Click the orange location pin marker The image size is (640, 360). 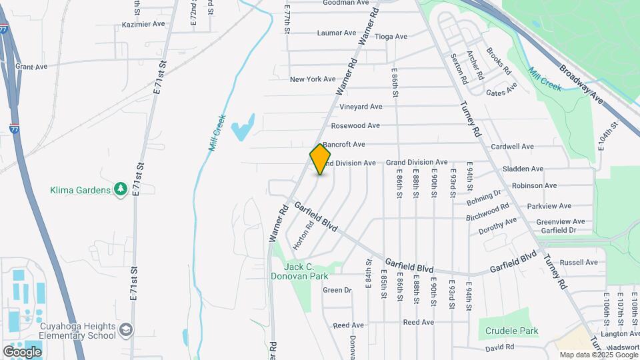321,159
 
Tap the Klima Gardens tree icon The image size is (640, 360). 121,190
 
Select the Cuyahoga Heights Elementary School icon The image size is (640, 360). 126,330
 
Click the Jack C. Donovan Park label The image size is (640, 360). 300,271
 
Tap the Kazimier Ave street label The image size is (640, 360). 143,24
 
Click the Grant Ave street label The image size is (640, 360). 31,67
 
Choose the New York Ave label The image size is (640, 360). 313,79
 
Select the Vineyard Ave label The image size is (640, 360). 361,107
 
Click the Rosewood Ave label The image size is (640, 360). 355,125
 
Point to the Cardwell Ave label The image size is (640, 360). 512,147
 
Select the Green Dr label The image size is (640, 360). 337,290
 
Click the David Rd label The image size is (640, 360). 499,347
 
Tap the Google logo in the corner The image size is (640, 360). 22,351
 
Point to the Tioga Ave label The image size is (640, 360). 391,37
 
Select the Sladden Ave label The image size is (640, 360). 523,169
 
